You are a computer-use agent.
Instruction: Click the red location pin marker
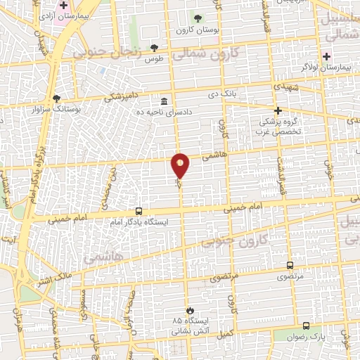click(x=181, y=166)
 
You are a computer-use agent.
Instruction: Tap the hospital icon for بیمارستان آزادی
click(x=64, y=5)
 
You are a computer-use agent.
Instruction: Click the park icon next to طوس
click(x=154, y=48)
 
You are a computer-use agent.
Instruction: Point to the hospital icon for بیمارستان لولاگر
click(x=325, y=56)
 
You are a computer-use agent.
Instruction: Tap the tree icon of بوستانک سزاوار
click(x=56, y=98)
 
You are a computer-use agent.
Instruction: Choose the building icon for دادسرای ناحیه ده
click(x=164, y=101)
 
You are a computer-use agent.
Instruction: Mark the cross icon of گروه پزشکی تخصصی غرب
click(x=278, y=110)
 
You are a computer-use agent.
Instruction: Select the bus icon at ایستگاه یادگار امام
click(x=139, y=211)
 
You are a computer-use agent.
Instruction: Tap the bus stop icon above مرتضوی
click(x=290, y=265)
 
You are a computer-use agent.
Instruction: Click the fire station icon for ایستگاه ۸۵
click(x=188, y=310)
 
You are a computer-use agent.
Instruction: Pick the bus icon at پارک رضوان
click(x=306, y=326)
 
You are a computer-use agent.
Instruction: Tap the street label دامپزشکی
click(x=122, y=95)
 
